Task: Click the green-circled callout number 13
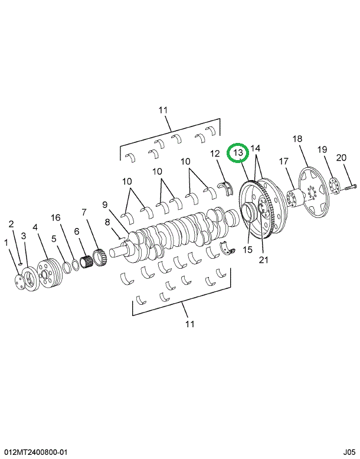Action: [238, 152]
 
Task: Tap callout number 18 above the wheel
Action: [297, 139]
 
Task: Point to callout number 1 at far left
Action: [6, 242]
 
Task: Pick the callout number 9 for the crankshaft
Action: [104, 205]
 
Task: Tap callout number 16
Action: [55, 218]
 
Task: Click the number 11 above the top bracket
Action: [163, 110]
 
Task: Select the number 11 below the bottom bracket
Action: [190, 324]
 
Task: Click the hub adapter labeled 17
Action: [292, 197]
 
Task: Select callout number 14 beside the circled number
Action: [256, 148]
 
